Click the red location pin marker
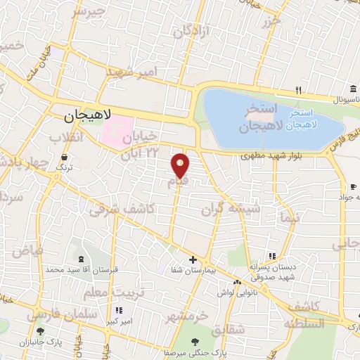coord(181,165)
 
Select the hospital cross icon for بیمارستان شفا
coord(193,259)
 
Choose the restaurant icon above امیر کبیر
coord(119,309)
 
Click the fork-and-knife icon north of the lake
coord(299,90)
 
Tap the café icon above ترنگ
coord(65,157)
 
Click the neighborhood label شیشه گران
coord(231,208)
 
